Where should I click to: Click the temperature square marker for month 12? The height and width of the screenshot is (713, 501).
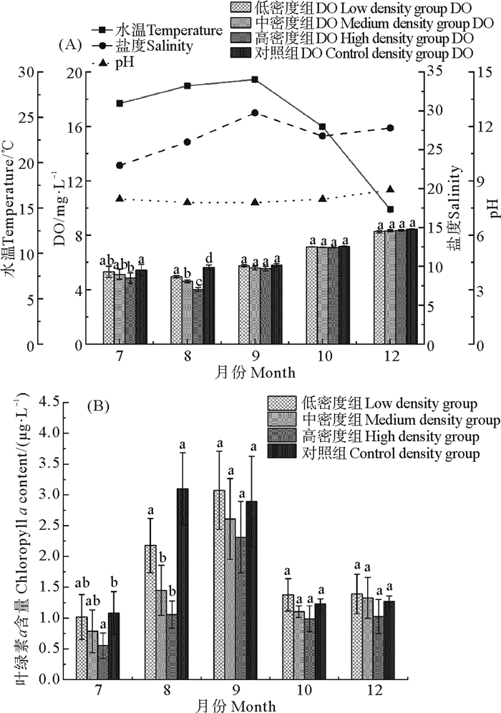(x=390, y=210)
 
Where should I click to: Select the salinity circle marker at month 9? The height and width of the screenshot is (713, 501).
(x=254, y=113)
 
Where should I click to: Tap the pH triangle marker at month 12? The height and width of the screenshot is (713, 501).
(x=390, y=189)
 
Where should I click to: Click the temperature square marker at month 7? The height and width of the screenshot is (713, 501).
(x=120, y=103)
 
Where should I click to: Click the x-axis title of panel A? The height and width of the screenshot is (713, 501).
(x=254, y=373)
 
